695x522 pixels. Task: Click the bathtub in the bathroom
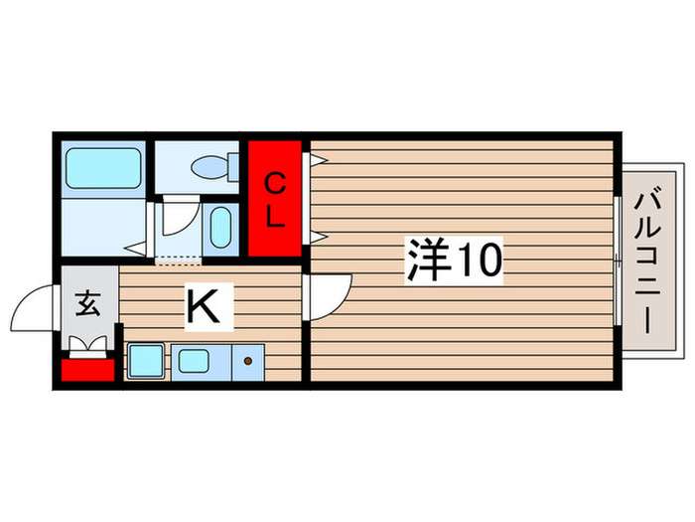(x=103, y=168)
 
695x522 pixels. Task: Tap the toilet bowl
(x=209, y=167)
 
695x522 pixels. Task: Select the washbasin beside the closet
(x=220, y=228)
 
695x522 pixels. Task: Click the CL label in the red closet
(x=275, y=200)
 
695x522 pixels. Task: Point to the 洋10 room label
(x=455, y=261)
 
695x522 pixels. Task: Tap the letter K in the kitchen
(x=204, y=306)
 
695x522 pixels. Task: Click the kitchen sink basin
(x=194, y=360)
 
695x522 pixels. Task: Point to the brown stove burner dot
(x=248, y=361)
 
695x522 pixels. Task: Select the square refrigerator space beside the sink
(x=146, y=361)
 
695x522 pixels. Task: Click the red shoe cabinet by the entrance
(x=87, y=370)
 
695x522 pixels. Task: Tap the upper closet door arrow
(x=318, y=159)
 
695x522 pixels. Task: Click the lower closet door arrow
(x=318, y=237)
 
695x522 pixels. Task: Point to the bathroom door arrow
(x=135, y=249)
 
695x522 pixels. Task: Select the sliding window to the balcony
(x=617, y=261)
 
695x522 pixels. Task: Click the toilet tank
(x=233, y=167)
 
